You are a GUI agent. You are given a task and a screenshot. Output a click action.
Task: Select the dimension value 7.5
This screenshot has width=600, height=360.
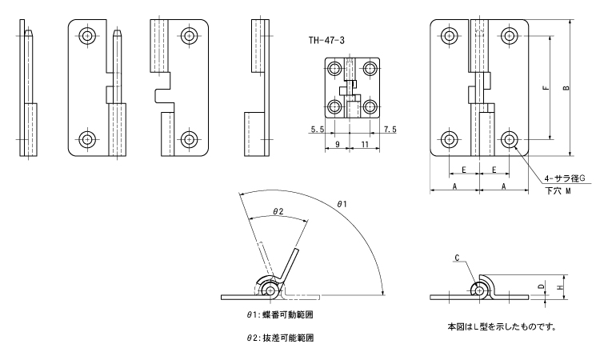click(x=390, y=129)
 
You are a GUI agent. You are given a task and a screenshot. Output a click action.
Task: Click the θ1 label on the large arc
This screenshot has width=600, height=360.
click(x=342, y=206)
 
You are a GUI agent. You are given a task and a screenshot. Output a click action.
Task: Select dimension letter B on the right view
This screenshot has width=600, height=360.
click(x=566, y=88)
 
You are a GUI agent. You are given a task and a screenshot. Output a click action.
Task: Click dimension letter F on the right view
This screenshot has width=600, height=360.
click(x=544, y=88)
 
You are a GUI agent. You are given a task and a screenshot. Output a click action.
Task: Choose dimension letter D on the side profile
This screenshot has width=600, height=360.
click(x=542, y=286)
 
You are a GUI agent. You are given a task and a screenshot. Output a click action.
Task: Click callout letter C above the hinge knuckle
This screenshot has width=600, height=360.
click(x=457, y=258)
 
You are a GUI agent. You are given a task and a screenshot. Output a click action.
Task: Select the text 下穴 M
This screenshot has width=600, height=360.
click(x=558, y=192)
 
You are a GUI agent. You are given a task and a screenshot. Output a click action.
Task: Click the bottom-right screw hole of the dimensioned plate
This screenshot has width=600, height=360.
click(x=509, y=140)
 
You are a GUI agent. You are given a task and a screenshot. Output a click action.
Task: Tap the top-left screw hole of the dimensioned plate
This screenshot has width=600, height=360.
click(x=448, y=35)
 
